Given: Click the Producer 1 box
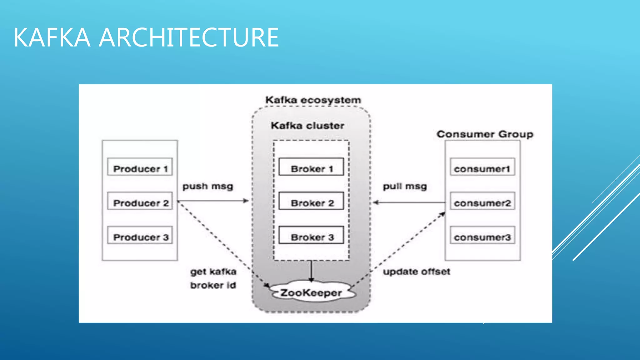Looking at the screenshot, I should (x=140, y=167).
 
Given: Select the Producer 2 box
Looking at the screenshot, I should (x=140, y=201).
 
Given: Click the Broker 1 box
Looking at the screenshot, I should (x=311, y=167).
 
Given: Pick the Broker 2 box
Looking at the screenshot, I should (x=311, y=201).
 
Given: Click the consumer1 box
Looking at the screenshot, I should (x=482, y=167).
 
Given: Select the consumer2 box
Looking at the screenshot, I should (x=482, y=201).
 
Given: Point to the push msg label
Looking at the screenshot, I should (x=208, y=187).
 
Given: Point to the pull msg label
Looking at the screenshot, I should (x=405, y=187).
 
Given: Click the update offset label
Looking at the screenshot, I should (x=417, y=272).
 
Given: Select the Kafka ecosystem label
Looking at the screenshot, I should (x=313, y=100).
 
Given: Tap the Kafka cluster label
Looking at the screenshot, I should (x=307, y=126).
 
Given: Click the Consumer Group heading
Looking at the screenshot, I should (x=485, y=134).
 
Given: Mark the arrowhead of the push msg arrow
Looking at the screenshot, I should (x=246, y=201).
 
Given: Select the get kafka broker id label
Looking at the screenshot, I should (x=213, y=278).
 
